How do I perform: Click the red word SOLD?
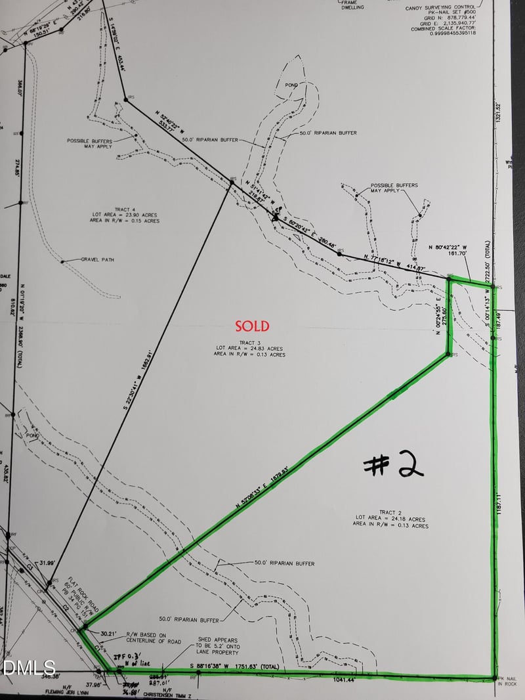(253, 326)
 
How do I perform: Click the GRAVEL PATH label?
(98, 259)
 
